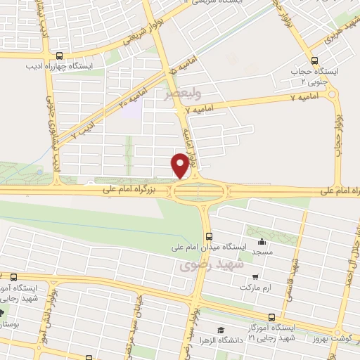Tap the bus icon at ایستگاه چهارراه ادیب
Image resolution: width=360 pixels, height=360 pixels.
[59, 56]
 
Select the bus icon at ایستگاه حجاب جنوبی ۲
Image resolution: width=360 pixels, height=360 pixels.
[314, 60]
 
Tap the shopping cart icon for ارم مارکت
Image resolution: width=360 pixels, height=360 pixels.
[255, 277]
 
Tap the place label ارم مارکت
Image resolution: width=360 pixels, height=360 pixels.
[254, 288]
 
